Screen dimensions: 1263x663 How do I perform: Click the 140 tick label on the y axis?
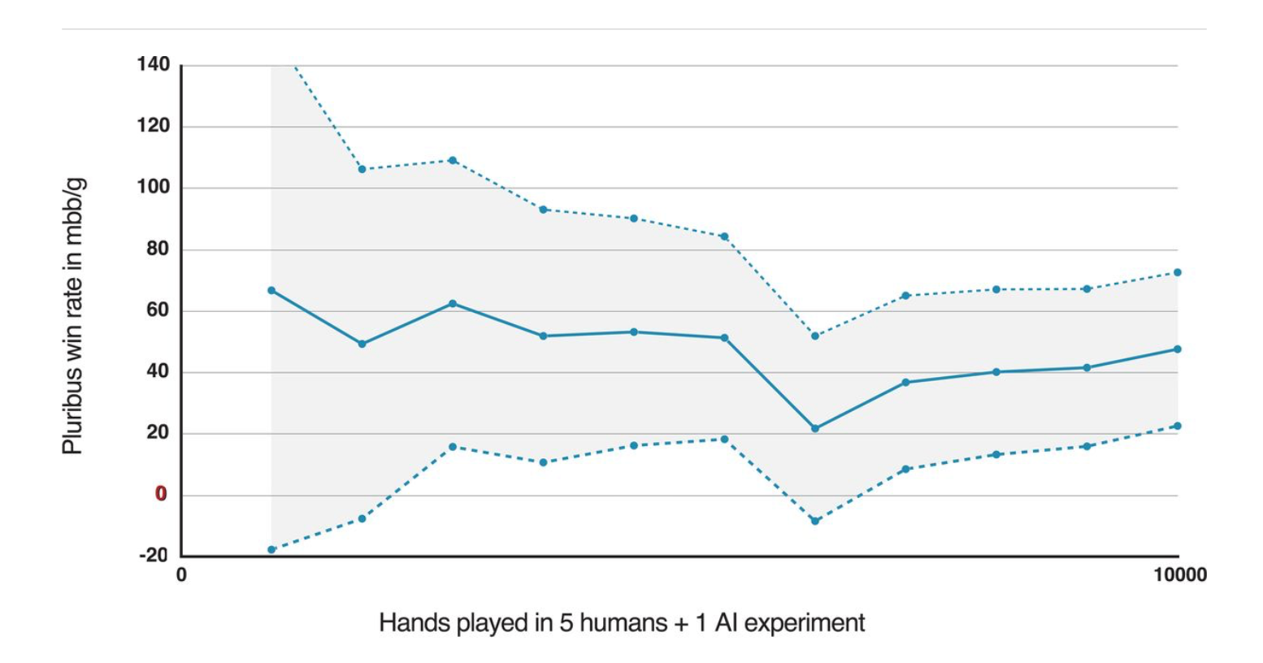point(153,64)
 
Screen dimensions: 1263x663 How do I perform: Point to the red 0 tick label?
point(161,494)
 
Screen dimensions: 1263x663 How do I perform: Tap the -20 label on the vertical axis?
point(154,555)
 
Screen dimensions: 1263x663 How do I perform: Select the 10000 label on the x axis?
point(1180,575)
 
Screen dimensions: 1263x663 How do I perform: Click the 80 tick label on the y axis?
point(158,249)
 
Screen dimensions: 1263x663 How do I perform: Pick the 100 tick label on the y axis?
point(153,187)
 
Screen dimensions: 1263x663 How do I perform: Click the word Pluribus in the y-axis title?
point(72,415)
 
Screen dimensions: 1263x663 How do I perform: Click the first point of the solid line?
point(271,290)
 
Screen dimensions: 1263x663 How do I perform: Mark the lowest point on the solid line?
point(814,428)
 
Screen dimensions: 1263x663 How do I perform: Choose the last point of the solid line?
point(1178,349)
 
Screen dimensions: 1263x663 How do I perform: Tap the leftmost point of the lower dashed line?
point(271,550)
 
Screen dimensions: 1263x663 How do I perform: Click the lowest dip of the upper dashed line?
point(814,336)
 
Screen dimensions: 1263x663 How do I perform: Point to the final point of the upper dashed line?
point(1178,272)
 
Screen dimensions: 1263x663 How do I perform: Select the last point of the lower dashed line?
point(1178,427)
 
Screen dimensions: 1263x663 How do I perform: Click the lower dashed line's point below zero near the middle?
point(814,521)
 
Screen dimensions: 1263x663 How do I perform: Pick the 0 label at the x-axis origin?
point(181,575)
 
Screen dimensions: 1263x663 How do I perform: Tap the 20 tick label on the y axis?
point(158,432)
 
